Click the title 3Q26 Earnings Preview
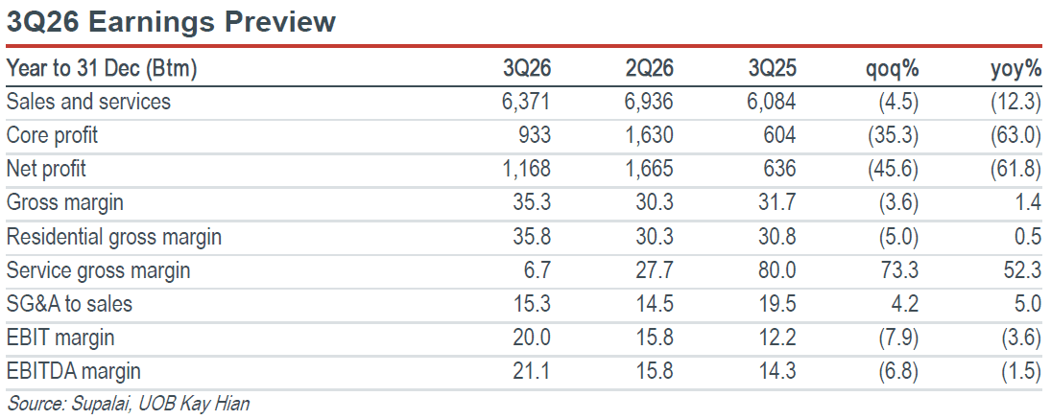coord(171,21)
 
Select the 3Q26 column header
coord(526,68)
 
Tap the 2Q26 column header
coord(650,68)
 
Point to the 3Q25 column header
coord(772,68)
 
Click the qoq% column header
coord(892,70)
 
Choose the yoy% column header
coord(1016,70)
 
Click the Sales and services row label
coord(88,102)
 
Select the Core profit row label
coord(52,136)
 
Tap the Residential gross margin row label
coord(113,237)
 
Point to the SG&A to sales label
coord(69,304)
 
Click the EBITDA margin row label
coord(73,371)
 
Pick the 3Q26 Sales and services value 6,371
coord(526,103)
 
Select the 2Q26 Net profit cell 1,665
coord(650,170)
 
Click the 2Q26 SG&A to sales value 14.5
coord(656,304)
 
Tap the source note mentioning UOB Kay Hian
coord(128,405)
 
